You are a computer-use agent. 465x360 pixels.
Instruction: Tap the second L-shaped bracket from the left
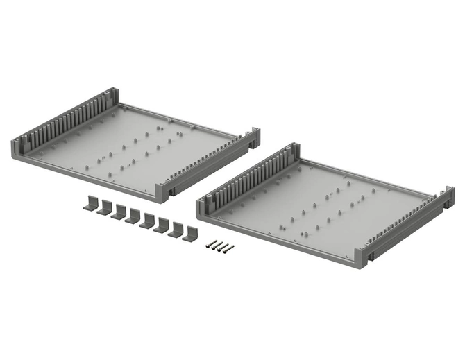pos(104,208)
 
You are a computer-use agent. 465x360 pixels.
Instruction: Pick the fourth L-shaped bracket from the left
pos(133,217)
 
